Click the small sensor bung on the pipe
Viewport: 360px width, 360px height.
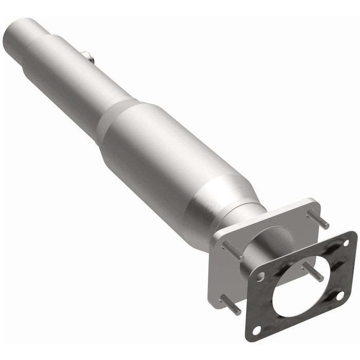[88, 57]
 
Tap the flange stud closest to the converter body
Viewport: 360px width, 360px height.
[232, 250]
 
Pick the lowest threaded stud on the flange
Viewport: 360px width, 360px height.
[229, 305]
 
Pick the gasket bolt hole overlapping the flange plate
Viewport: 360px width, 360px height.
[261, 276]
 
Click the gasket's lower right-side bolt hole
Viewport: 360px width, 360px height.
[339, 295]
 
